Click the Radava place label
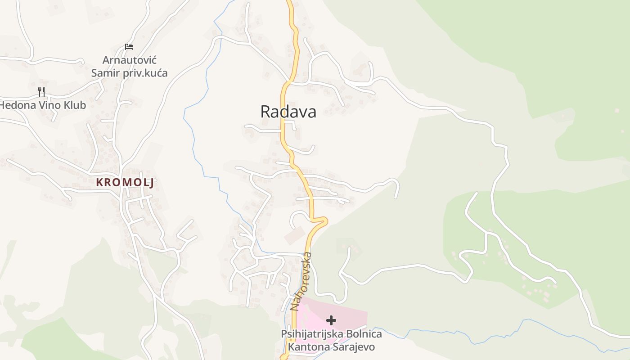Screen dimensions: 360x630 pos(288,112)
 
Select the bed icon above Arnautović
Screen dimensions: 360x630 pos(129,46)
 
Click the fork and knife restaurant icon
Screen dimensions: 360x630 pos(41,92)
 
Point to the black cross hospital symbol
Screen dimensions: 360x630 pos(331,320)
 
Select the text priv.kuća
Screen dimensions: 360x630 pos(145,73)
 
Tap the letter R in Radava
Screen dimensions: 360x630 pos(265,112)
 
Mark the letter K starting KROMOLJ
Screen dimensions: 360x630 pos(99,182)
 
